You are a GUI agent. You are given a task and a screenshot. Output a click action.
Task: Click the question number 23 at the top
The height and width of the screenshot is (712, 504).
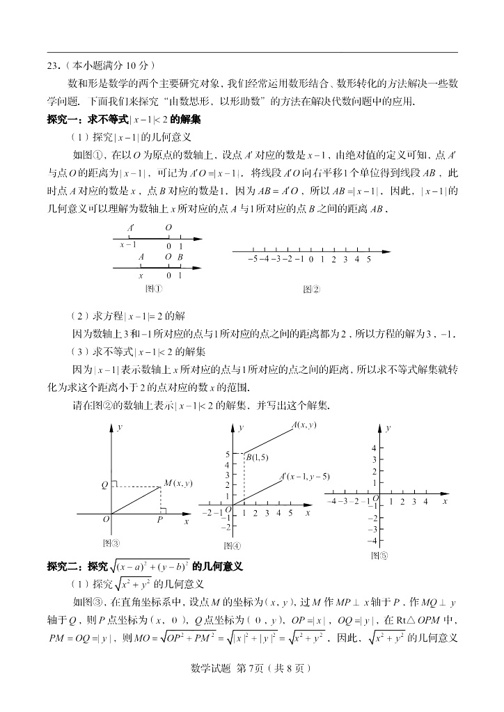coord(52,65)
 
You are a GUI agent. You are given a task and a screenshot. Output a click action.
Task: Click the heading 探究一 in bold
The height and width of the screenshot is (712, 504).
coord(61,119)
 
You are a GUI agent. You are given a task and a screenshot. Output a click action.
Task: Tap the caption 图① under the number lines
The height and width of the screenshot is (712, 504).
coord(153,289)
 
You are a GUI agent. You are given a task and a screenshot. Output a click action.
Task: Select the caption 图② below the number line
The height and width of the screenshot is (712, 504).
coord(311,290)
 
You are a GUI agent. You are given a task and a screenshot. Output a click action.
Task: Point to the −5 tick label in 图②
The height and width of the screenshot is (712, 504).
coord(252,259)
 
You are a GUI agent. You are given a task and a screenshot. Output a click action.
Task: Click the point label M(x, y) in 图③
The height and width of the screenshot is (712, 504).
coord(178,483)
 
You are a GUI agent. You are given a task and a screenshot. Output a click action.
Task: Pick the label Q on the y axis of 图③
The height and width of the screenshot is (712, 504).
coord(104,484)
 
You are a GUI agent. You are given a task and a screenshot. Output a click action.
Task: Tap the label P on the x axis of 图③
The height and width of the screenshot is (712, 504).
coord(159,519)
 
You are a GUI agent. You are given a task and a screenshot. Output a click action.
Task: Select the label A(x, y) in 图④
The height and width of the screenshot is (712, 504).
coord(304,425)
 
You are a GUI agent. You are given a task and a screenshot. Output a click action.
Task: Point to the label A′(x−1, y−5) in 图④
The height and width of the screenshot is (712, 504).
coord(304,477)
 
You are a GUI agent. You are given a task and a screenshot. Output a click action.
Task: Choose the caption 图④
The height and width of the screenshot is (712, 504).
coord(232,546)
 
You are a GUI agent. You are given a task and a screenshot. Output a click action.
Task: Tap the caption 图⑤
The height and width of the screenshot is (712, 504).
coord(380,555)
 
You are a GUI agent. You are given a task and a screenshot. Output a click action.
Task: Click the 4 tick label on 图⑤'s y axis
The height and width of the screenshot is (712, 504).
coord(373,448)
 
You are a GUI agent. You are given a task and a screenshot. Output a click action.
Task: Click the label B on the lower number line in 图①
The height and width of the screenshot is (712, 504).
coord(180,257)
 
